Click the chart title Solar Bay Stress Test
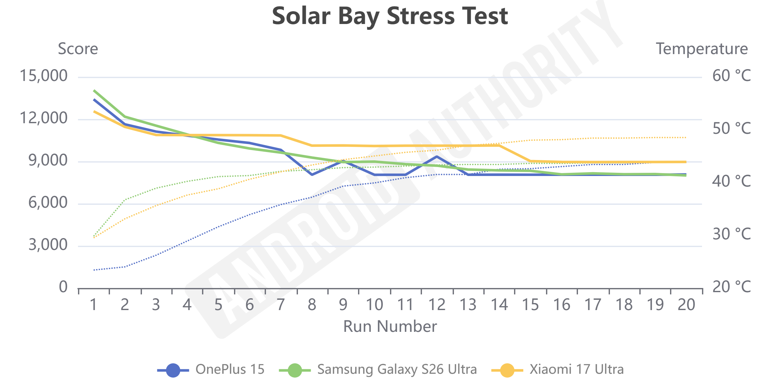[390, 16]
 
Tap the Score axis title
[78, 49]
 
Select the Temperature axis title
[702, 49]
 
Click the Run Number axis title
[390, 327]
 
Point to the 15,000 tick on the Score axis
[43, 76]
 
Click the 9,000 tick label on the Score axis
[48, 160]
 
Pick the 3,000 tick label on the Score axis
[48, 245]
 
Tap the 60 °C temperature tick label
[731, 76]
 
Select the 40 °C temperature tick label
[731, 181]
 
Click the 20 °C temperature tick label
[731, 287]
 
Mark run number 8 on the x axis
[312, 305]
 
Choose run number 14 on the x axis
[499, 305]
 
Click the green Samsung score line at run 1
[94, 91]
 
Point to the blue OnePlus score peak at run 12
[437, 157]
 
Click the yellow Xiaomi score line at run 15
[531, 161]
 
